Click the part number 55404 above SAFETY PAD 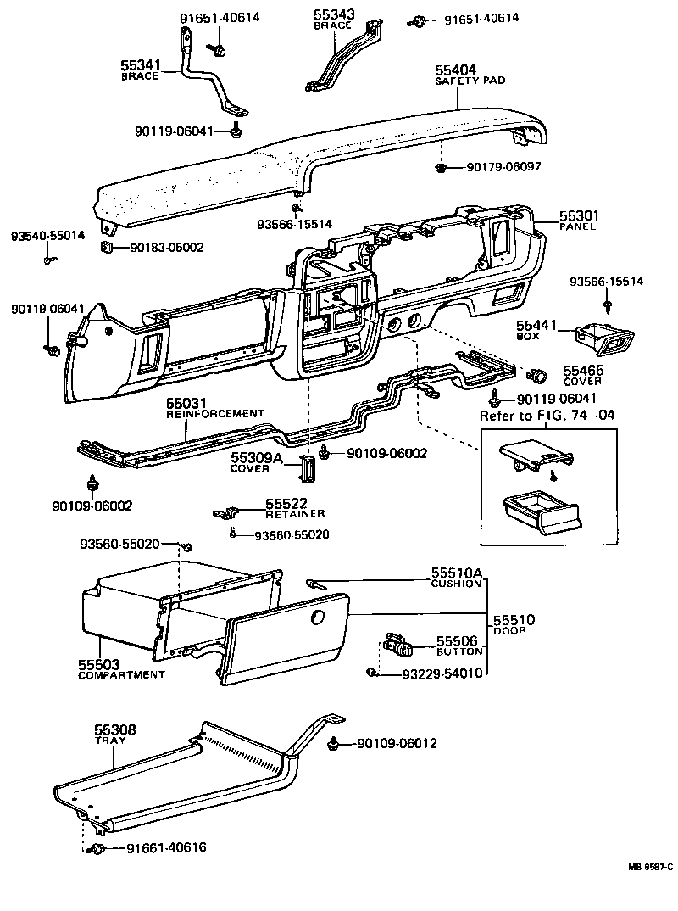pyautogui.click(x=457, y=70)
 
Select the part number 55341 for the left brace pyautogui.click(x=141, y=65)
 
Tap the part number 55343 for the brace pyautogui.click(x=334, y=14)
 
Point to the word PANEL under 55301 pyautogui.click(x=578, y=226)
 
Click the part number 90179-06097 pyautogui.click(x=503, y=167)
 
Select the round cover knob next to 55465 pyautogui.click(x=536, y=375)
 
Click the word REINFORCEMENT pyautogui.click(x=215, y=413)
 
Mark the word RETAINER pyautogui.click(x=294, y=514)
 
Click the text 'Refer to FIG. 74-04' pyautogui.click(x=547, y=416)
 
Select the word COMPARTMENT pyautogui.click(x=121, y=675)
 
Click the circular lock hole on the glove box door pyautogui.click(x=320, y=618)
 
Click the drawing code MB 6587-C pyautogui.click(x=650, y=867)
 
